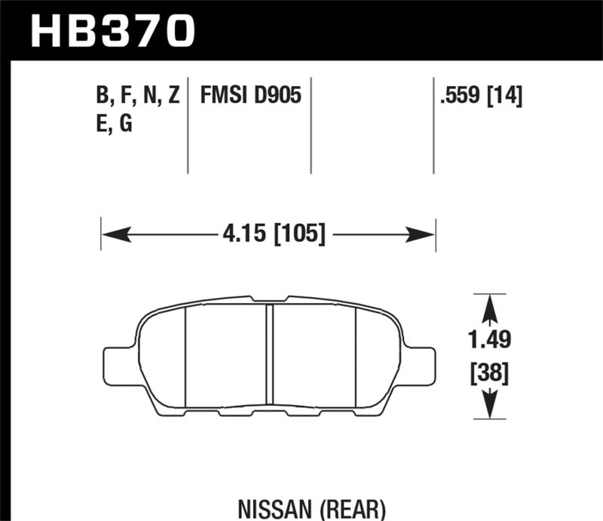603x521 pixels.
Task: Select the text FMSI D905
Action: (x=251, y=96)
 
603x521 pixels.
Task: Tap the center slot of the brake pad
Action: (x=270, y=354)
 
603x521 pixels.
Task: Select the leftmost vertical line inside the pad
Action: (x=185, y=354)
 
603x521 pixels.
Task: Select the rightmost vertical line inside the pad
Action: (x=355, y=354)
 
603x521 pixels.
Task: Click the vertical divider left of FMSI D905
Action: (x=188, y=124)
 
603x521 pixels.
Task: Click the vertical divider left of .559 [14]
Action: (x=433, y=124)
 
